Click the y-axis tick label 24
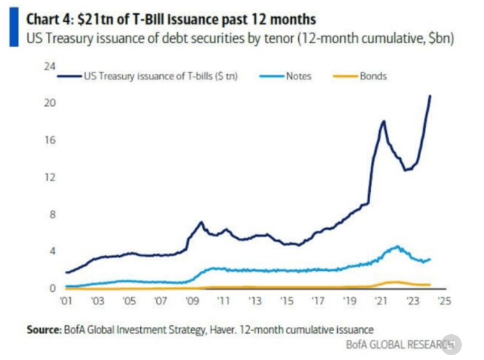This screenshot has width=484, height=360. [x=51, y=65]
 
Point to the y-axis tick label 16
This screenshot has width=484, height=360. [x=51, y=140]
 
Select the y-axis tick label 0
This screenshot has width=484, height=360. [x=53, y=288]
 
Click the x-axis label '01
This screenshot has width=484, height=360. [x=66, y=301]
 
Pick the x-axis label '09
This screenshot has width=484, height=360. [x=192, y=301]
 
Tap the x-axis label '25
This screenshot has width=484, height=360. [x=443, y=301]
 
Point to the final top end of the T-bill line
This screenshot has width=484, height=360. [x=429, y=96]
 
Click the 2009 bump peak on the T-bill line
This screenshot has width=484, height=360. [x=201, y=222]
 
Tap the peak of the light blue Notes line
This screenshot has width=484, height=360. [x=397, y=246]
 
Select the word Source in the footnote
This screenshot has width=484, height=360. [x=43, y=329]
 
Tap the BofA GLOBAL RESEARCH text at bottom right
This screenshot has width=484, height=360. [x=398, y=345]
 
